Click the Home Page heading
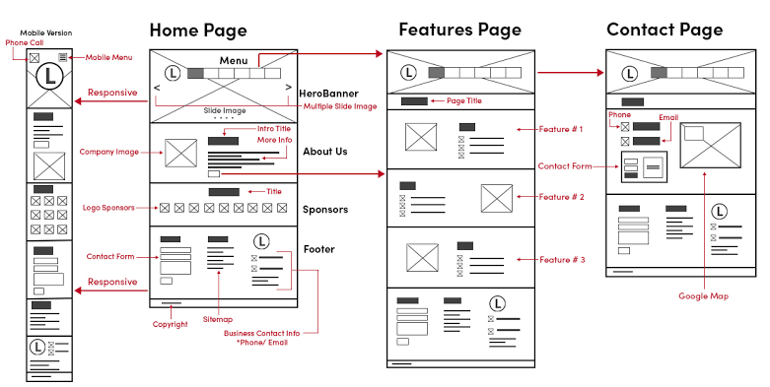coord(198,31)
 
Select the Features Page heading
coord(459,30)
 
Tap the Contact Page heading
coord(665,30)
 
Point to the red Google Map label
coord(703,295)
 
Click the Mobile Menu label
coord(108,57)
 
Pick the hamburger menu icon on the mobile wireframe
coord(63,57)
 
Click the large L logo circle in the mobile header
coord(49,77)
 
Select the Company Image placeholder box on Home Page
coord(180,153)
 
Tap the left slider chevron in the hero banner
coord(157,88)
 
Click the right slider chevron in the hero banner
coord(288,88)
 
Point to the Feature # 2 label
coord(561,197)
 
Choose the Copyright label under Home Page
coord(170,324)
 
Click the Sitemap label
coord(218,319)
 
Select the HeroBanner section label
coord(328,94)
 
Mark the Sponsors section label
coord(325,210)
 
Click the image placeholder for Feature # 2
coord(497,198)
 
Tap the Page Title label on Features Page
coord(464,100)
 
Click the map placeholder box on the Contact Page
coord(710,145)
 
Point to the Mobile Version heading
coord(46,32)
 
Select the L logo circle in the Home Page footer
coord(261,241)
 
